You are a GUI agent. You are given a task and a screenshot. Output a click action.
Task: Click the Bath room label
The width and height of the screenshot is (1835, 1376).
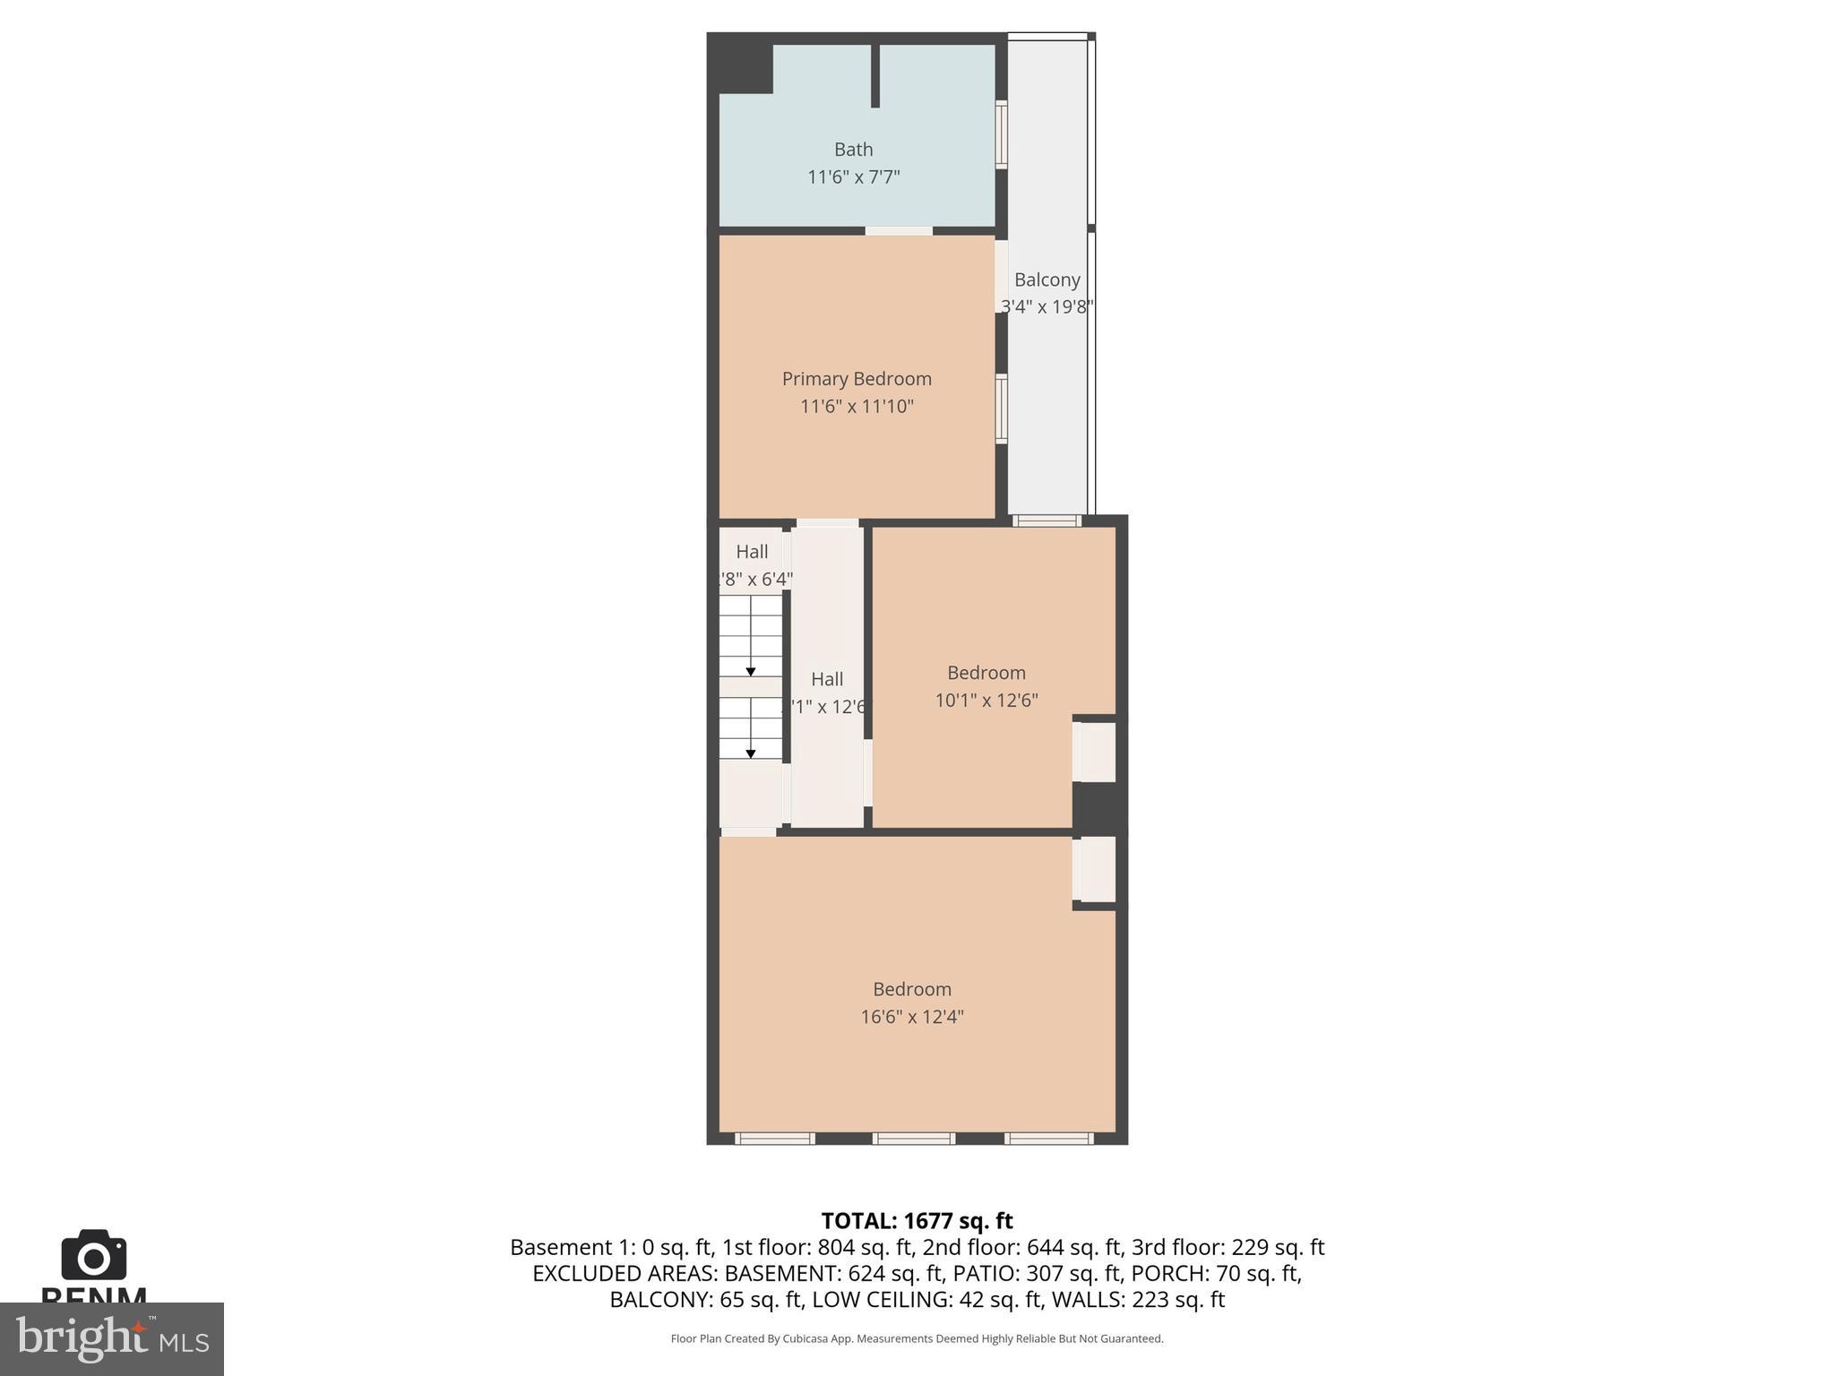853,150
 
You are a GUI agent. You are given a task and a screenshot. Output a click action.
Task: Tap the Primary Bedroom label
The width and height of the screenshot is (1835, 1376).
857,379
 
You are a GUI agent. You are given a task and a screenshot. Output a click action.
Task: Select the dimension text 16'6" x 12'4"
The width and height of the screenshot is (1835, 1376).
911,1017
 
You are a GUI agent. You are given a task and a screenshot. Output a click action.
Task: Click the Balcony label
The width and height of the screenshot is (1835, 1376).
1047,280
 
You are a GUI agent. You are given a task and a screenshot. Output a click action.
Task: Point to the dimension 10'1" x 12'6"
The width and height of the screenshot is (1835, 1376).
986,701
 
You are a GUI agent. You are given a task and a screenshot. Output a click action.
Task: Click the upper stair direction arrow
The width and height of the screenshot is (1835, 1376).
751,670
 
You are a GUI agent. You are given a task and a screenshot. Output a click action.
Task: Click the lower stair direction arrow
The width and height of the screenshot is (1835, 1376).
751,752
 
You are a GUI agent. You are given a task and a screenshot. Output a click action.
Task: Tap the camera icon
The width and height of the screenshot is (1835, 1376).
93,1256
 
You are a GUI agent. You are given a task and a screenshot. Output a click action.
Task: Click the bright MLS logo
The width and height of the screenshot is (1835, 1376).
111,1338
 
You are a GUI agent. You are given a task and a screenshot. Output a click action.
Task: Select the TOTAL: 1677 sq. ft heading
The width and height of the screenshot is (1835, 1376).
917,1221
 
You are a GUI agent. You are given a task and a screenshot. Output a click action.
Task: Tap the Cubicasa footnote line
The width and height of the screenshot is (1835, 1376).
917,1338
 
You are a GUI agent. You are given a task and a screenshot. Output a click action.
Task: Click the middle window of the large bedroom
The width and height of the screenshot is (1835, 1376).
913,1139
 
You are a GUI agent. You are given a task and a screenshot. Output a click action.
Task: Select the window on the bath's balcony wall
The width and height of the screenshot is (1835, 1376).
1002,134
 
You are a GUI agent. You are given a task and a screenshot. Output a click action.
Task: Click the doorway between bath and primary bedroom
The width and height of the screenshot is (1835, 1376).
899,231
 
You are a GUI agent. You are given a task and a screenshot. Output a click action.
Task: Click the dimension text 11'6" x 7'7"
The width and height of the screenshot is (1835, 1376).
853,177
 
